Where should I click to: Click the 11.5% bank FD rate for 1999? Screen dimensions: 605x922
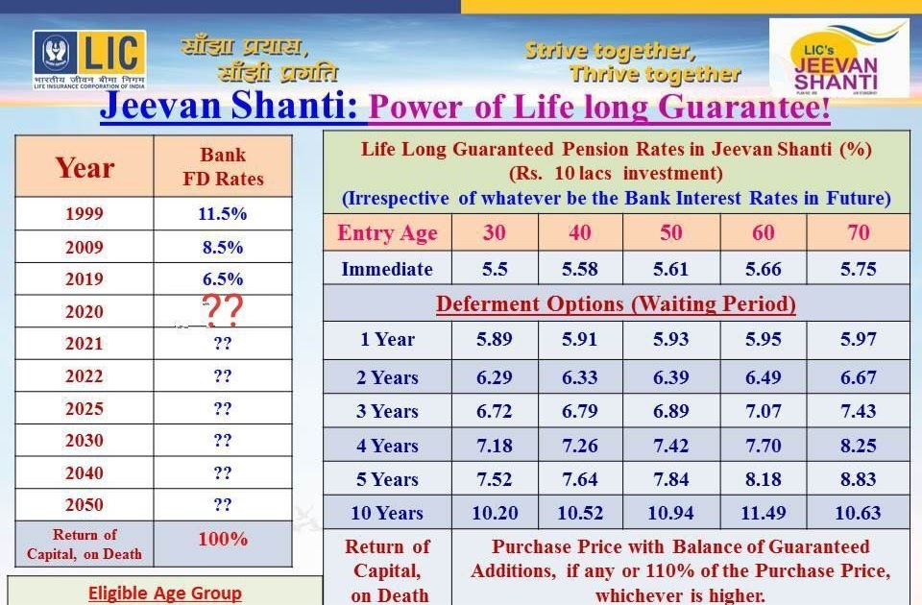[223, 214]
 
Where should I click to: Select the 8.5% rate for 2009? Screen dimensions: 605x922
[223, 247]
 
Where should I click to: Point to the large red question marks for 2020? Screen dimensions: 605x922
[223, 310]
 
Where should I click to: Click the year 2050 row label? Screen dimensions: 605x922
[85, 505]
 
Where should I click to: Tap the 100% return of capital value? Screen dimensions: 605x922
[223, 540]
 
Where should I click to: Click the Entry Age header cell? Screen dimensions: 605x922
[387, 233]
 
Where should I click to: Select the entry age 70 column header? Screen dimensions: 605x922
[858, 232]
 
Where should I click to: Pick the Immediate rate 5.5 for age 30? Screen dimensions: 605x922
[495, 269]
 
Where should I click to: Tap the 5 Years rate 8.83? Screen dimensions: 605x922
[858, 479]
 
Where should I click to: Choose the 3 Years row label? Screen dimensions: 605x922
[387, 412]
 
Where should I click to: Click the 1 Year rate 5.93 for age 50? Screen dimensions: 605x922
[671, 339]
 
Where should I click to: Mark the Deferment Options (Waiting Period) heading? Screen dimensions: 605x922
[616, 304]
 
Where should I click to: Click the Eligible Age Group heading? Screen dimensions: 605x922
[164, 593]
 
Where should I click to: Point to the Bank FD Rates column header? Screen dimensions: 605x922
[223, 167]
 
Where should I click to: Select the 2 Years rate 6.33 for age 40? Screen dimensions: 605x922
[580, 378]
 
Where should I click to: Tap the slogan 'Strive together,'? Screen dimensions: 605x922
[609, 51]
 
